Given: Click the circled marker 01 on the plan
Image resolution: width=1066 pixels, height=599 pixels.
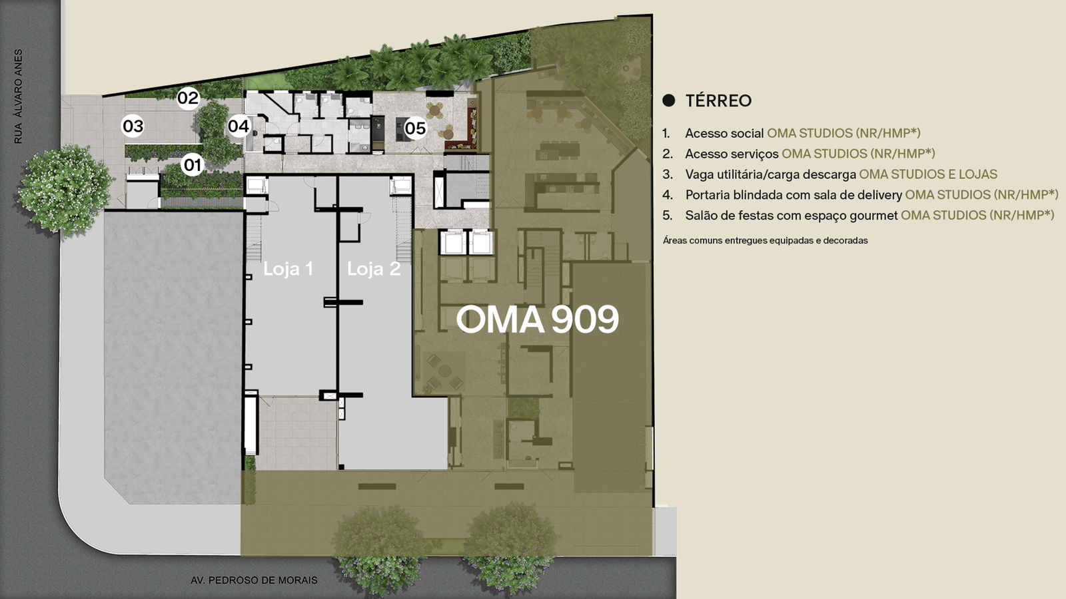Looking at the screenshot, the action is coord(193,165).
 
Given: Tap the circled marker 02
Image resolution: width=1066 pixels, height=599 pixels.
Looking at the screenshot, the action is coord(188,98).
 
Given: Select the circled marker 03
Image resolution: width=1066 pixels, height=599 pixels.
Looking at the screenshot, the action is coord(133,126).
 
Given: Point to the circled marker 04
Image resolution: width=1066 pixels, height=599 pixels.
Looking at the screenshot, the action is coord(239,126).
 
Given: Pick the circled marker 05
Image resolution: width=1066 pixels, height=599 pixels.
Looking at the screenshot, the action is coord(416,128).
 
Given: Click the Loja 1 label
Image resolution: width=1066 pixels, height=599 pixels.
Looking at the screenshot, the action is coord(288,269).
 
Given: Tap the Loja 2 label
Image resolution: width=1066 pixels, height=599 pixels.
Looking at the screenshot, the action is coord(374,269).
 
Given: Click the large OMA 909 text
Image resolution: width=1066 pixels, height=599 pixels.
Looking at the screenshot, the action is coord(537,319).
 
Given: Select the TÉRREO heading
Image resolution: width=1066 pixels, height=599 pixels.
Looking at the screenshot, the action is coord(719,100).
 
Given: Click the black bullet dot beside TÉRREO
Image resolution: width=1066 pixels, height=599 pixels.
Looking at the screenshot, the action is coord(669,100).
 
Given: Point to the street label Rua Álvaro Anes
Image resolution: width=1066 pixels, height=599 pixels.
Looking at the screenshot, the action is coord(18,97).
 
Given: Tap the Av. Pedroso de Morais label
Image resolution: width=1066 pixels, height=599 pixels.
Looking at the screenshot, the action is coord(254,580).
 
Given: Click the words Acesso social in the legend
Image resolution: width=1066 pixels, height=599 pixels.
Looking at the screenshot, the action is coord(724,133).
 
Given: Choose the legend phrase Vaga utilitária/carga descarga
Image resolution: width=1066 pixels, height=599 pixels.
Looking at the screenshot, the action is coord(770,174).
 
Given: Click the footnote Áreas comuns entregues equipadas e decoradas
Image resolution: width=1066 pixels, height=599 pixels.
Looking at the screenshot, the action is coord(766,240).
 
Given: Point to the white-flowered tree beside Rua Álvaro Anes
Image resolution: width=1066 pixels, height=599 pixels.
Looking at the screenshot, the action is coord(65,190).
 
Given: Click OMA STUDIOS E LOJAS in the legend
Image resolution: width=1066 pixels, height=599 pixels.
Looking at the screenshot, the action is coord(928,174).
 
